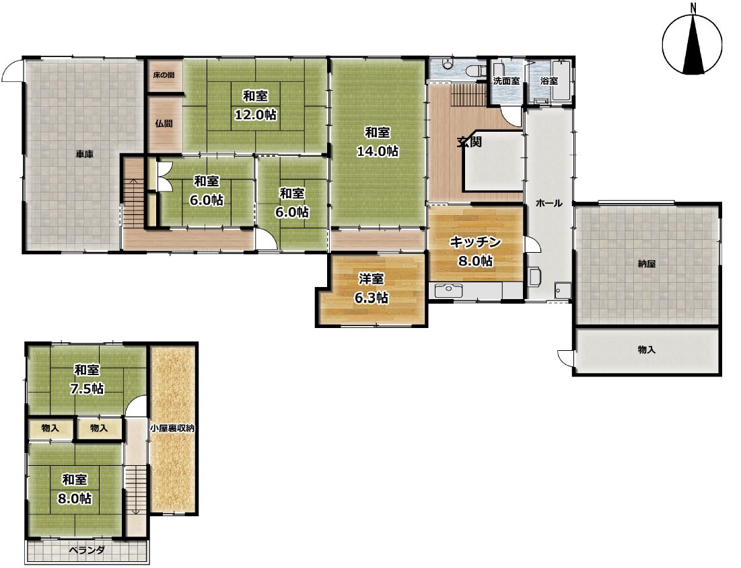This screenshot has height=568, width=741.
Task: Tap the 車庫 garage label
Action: [85, 154]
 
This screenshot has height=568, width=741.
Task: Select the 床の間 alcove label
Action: [164, 75]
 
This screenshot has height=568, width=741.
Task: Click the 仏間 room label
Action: [164, 124]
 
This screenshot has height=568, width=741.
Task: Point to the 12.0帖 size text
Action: [256, 114]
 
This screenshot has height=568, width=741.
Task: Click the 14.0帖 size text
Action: [377, 151]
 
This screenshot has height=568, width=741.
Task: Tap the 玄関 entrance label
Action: [469, 142]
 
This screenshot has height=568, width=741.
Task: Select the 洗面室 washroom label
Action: [506, 81]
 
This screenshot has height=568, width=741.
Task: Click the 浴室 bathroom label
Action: [549, 81]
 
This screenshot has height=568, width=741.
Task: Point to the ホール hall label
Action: [549, 204]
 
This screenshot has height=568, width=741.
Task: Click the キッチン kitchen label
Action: [475, 242]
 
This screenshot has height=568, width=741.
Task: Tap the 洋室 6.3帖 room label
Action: [371, 288]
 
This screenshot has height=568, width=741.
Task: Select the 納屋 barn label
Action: [647, 264]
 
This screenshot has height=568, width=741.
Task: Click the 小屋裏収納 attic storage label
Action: [172, 429]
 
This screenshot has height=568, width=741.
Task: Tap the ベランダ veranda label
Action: [86, 550]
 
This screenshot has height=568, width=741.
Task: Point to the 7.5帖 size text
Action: [87, 389]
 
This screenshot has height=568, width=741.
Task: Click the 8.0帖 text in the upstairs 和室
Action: [75, 498]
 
